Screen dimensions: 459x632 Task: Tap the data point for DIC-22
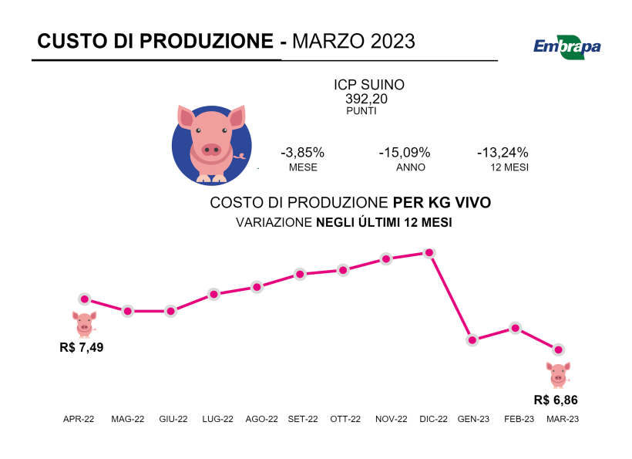[x=429, y=253]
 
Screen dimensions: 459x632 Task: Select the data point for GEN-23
[x=472, y=340]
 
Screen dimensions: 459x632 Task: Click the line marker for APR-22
[x=85, y=299]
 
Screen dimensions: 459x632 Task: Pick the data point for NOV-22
[x=387, y=259]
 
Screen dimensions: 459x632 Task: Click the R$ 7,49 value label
[x=82, y=347]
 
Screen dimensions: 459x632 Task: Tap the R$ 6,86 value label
[x=556, y=400]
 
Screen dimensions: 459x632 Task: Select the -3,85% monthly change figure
[x=303, y=153]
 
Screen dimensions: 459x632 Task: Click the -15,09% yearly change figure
[x=405, y=153]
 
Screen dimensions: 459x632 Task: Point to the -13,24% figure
[x=503, y=153]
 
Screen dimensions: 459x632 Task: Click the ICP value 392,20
[x=367, y=99]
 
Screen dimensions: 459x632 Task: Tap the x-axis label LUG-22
[x=217, y=419]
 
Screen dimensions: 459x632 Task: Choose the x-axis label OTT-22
[x=345, y=419]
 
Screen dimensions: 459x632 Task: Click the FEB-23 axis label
[x=519, y=419]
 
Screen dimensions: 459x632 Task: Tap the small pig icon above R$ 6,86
[x=560, y=374]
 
